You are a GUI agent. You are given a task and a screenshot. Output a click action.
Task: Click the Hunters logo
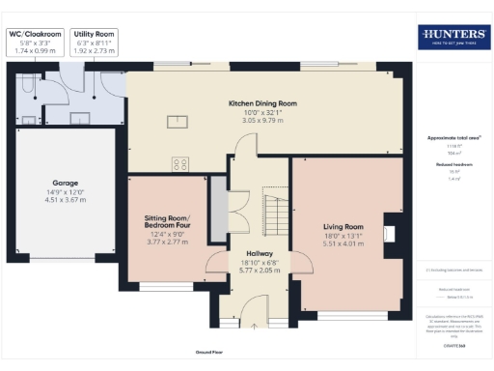(453, 38)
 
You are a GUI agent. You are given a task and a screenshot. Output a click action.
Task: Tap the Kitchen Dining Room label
(262, 103)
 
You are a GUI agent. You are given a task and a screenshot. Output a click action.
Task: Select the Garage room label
(65, 182)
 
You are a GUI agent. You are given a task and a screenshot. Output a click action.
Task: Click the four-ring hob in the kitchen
(179, 163)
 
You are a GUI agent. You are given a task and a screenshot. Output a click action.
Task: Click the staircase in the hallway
(275, 207)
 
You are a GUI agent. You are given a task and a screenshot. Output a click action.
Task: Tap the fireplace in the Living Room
(388, 232)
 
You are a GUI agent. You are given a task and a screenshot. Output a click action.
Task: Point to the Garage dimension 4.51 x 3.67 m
(65, 201)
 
